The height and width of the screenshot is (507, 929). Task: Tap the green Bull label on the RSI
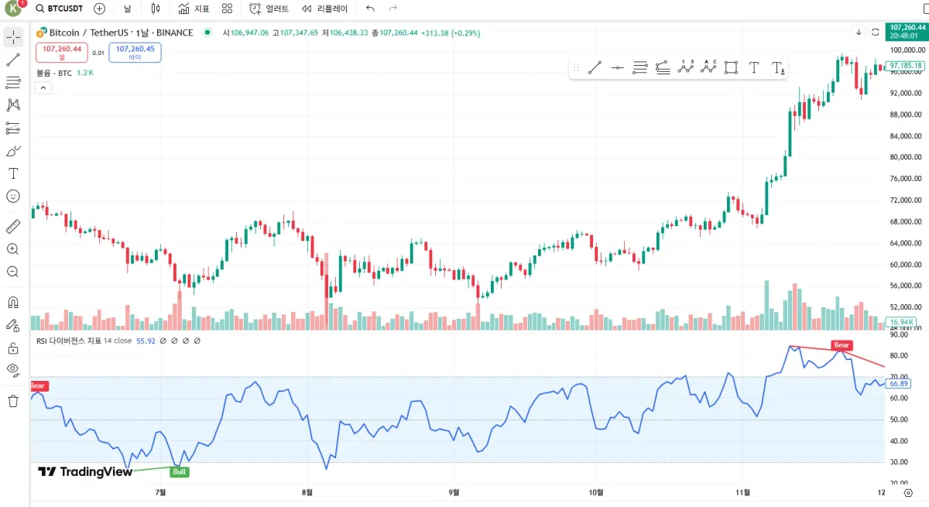[180, 471]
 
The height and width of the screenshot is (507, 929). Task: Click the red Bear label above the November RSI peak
[841, 345]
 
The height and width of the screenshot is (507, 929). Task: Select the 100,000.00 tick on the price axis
[906, 50]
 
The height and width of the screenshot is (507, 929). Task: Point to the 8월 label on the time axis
[307, 492]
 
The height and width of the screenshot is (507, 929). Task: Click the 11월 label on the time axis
[742, 492]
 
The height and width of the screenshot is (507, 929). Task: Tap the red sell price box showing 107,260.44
[62, 52]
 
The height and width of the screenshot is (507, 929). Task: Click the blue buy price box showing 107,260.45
[135, 52]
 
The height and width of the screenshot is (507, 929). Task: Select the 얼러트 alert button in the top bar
[269, 9]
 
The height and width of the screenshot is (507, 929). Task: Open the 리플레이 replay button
[324, 9]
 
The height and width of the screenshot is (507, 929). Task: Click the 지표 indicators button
[194, 9]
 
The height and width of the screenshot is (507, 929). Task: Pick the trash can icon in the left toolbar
[13, 401]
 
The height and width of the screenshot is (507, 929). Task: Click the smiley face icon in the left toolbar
[13, 197]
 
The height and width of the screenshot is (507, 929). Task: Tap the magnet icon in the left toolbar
[13, 302]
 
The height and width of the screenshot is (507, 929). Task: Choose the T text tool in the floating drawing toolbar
[754, 68]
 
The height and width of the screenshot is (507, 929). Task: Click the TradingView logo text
[86, 471]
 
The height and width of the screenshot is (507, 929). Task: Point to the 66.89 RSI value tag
[899, 383]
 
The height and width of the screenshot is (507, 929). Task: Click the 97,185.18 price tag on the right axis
[905, 66]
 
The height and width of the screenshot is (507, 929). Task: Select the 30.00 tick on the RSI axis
[899, 462]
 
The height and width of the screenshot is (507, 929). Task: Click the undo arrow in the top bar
[370, 9]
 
